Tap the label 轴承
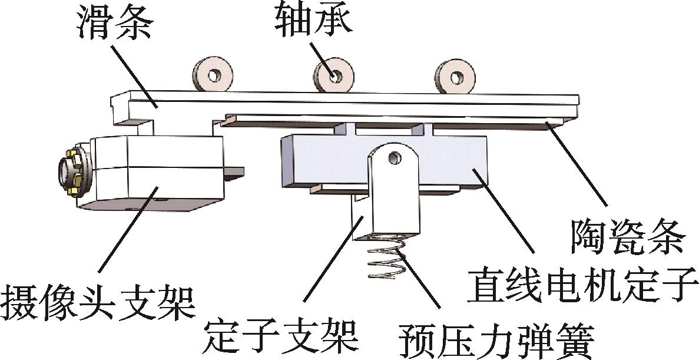(313, 19)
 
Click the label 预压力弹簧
(495, 340)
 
